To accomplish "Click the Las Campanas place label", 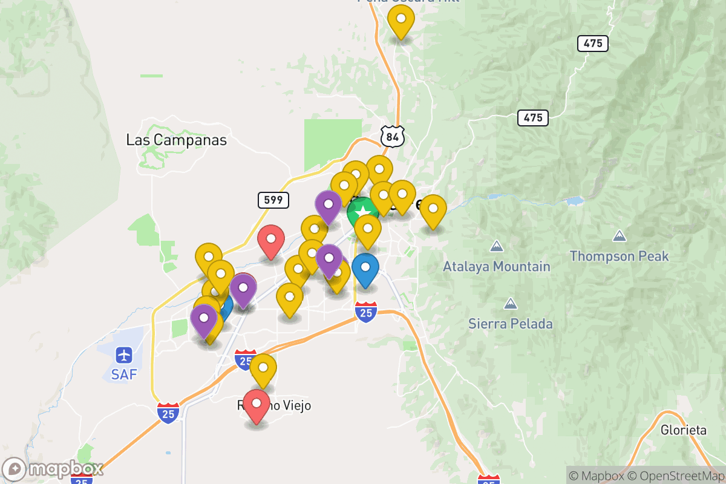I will tap(176, 140).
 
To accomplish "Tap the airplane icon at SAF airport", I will tap(124, 354).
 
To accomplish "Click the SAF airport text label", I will tap(124, 374).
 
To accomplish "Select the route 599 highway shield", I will tap(273, 200).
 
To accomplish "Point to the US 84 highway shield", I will tap(393, 137).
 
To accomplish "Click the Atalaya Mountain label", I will tap(497, 266).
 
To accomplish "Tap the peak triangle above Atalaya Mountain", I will tap(497, 247).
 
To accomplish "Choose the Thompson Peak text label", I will tap(620, 256).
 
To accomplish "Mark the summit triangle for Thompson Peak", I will tap(620, 235).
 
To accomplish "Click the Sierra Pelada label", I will tap(511, 324).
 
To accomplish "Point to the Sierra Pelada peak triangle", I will tap(511, 304).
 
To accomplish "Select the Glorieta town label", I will tap(684, 430).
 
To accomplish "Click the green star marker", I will tap(362, 212).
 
